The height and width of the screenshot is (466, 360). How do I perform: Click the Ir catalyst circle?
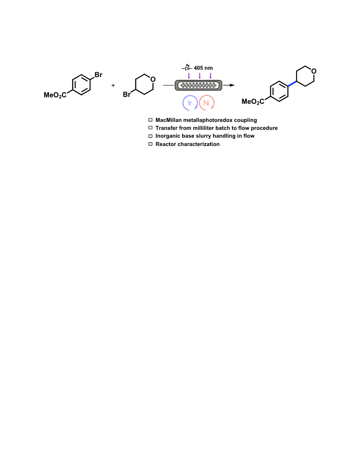click(183, 103)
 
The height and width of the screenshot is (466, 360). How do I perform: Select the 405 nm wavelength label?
click(203, 68)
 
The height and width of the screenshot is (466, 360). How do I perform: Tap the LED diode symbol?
click(187, 68)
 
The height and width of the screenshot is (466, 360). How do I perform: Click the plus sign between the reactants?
click(113, 85)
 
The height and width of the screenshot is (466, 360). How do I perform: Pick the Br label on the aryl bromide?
click(98, 75)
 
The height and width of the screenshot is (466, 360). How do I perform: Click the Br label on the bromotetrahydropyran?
click(127, 94)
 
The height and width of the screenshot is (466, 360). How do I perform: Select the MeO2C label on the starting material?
click(55, 95)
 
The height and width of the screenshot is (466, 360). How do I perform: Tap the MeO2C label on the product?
click(253, 102)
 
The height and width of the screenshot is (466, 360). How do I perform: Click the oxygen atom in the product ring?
click(314, 71)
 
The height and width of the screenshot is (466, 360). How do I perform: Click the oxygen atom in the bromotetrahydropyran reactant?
click(153, 79)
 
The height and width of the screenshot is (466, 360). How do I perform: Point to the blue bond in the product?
click(292, 83)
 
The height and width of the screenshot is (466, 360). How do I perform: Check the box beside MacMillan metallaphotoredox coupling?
click(150, 120)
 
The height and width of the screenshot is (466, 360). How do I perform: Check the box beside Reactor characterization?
click(150, 144)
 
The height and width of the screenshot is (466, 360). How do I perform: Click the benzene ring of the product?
click(279, 91)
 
